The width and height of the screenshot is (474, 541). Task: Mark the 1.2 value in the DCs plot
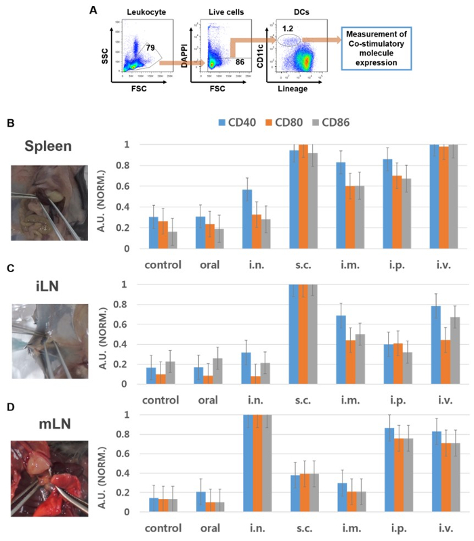(x=288, y=28)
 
